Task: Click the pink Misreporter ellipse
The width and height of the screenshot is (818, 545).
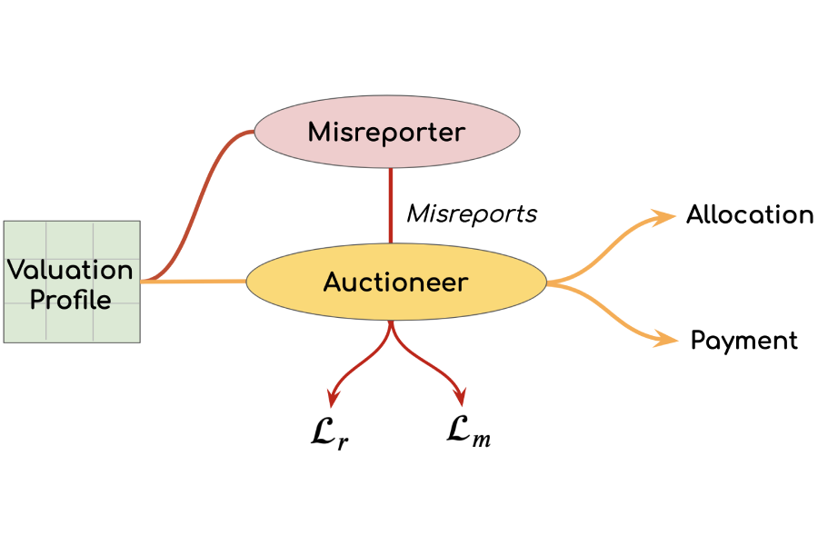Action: tap(387, 132)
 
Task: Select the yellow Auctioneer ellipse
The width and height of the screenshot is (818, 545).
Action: tap(396, 282)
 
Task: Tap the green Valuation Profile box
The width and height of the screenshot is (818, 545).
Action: tap(72, 282)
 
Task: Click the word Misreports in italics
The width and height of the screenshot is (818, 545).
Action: tap(472, 213)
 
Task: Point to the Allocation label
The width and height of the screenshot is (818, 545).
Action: tap(750, 214)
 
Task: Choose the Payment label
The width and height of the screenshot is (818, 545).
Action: tap(743, 341)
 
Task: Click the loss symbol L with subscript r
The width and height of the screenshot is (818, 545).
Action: tap(330, 434)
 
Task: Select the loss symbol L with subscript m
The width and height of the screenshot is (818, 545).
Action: tap(468, 431)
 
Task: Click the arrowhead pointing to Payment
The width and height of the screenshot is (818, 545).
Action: tap(666, 340)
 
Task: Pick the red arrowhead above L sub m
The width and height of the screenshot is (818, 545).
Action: tap(460, 397)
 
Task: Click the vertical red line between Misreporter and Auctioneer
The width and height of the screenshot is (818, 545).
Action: tap(391, 205)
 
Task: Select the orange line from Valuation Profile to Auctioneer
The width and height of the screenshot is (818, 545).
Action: tap(194, 282)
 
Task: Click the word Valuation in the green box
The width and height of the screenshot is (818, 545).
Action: tap(70, 270)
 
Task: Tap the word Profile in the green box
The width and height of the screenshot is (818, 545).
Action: tap(70, 300)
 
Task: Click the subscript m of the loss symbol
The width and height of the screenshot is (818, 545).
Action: tap(482, 440)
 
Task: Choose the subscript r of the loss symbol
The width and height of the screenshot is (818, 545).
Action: tap(343, 442)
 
